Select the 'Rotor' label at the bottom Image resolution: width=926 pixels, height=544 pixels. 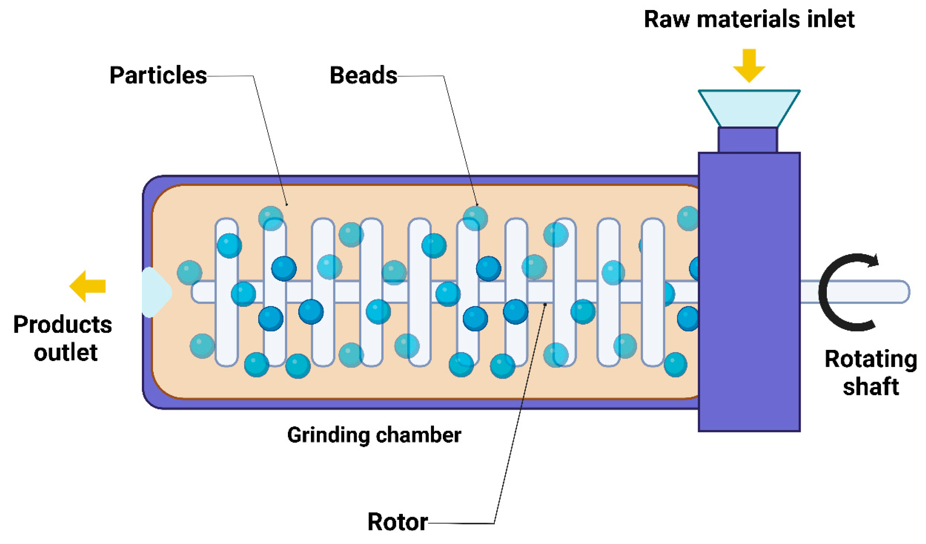click(397, 522)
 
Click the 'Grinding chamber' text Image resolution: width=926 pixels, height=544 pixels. click(374, 435)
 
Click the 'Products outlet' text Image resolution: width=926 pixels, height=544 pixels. click(63, 338)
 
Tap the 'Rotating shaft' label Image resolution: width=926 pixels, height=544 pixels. click(870, 372)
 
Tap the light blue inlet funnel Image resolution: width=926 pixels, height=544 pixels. click(749, 108)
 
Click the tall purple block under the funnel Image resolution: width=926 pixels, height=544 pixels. click(749, 292)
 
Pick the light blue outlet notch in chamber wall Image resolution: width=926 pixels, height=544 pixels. click(155, 292)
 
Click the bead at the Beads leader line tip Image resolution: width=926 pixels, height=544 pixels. click(475, 218)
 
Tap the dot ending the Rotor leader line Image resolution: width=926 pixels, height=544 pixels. click(545, 304)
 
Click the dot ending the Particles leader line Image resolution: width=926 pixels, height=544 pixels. click(287, 205)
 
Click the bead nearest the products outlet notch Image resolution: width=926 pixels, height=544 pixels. click(189, 272)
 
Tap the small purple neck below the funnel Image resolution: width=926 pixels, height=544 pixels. click(748, 140)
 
